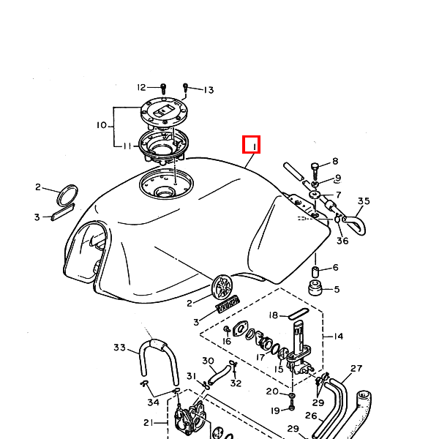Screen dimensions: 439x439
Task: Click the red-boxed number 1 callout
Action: coord(252,145)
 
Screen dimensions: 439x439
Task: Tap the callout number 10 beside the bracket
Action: coord(102,126)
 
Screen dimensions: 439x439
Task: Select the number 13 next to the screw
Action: coord(209,90)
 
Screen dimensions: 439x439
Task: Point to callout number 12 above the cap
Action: coord(142,88)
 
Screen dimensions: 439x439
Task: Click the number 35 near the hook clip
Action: coord(364,201)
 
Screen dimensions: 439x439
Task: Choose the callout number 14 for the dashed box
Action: coord(338,337)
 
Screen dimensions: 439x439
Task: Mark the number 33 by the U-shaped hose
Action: coord(120,348)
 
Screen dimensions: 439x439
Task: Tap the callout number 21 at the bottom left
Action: coord(148,422)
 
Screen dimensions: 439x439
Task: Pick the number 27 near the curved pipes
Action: coord(356,369)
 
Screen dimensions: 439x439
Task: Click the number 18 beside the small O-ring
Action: coord(273,315)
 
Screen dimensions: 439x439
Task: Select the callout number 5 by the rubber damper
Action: coord(337,290)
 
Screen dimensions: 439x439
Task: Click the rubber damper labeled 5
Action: coord(315,288)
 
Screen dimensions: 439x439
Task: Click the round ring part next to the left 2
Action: coord(67,194)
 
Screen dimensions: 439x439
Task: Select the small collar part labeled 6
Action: coord(316,272)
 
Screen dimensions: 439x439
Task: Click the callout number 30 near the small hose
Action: coord(208,361)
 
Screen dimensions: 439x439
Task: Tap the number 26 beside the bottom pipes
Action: coord(310,416)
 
